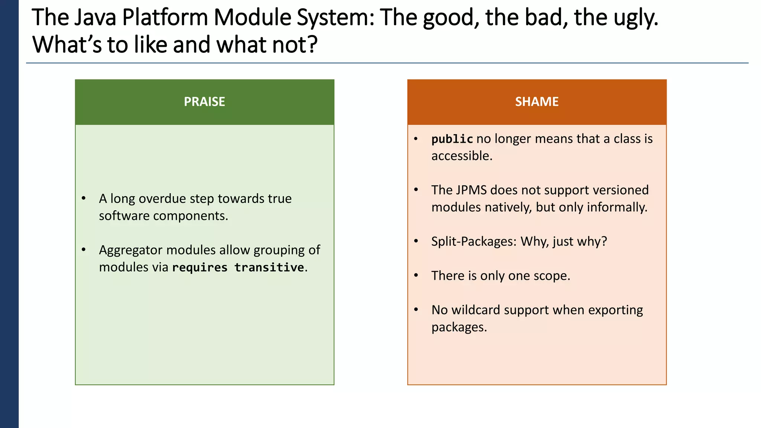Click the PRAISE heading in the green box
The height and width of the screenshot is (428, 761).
[204, 101]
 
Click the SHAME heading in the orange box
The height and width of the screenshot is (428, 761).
[537, 101]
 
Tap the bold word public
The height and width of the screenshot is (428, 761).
[452, 139]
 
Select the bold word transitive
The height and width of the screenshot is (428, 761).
[269, 267]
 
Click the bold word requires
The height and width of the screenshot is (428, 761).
[200, 268]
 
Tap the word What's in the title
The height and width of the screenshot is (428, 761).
[67, 45]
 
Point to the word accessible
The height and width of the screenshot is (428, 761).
[462, 156]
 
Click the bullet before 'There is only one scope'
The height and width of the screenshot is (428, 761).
[416, 275]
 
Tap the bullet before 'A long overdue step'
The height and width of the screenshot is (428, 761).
[84, 198]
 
